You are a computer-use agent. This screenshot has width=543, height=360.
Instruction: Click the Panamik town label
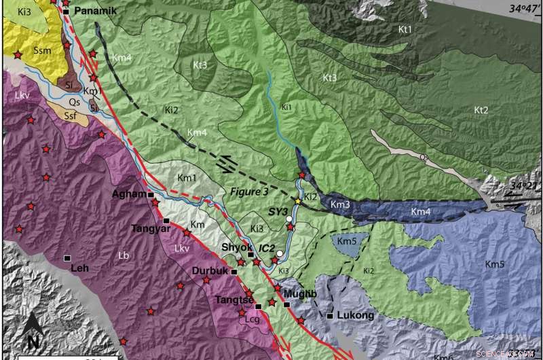pos(95,12)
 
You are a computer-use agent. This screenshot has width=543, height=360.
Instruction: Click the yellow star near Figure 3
pos(297,201)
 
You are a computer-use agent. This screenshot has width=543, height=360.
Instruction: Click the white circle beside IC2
pos(280,253)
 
